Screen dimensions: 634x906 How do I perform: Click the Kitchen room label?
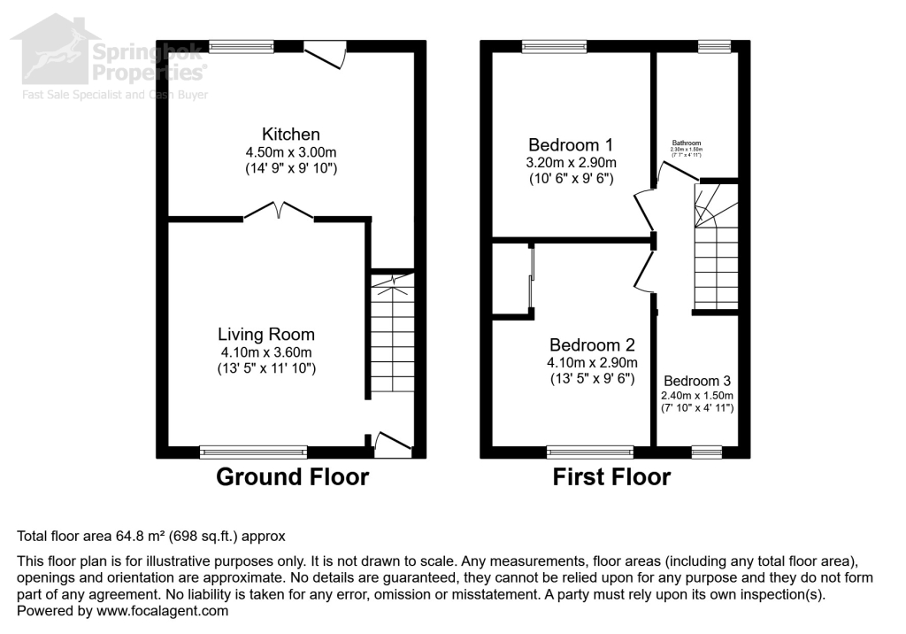tap(290, 135)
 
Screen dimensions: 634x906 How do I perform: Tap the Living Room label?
tap(266, 335)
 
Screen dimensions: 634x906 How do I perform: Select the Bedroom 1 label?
tap(571, 144)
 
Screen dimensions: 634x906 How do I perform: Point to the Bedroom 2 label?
tap(591, 345)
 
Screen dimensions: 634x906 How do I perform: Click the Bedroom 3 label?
tap(697, 381)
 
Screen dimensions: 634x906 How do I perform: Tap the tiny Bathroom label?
tap(687, 143)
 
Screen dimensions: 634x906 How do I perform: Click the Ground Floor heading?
tap(293, 477)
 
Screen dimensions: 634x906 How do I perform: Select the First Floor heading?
tap(611, 477)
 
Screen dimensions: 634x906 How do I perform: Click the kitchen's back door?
tap(324, 55)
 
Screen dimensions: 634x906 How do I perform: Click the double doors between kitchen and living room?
tap(279, 213)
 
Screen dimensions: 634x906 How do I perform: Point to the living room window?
tap(253, 452)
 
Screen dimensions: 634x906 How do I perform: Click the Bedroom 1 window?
tap(554, 46)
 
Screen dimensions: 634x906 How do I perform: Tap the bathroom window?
tap(714, 46)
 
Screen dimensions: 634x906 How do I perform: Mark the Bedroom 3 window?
tap(706, 452)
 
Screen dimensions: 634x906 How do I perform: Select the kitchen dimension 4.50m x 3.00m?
tap(290, 151)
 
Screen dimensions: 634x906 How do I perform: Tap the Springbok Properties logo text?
tap(150, 61)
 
